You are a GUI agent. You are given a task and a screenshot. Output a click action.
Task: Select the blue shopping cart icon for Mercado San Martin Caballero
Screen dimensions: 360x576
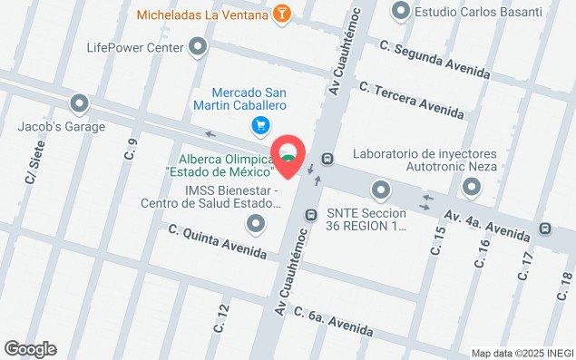(x=261, y=125)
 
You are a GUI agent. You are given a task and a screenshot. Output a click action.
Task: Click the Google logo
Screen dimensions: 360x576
(x=30, y=349)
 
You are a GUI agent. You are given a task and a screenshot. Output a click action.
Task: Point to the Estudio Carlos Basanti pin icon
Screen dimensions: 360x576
(x=400, y=12)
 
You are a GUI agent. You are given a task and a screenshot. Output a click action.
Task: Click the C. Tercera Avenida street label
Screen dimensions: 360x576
(x=411, y=100)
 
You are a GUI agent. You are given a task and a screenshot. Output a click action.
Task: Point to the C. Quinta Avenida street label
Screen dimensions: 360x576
(x=218, y=241)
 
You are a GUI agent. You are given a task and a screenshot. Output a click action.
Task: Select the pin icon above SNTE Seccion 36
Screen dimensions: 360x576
(x=380, y=190)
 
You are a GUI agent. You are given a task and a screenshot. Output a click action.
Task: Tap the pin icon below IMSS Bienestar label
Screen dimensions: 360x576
(x=257, y=223)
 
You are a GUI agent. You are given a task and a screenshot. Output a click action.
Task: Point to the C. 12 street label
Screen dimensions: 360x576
(x=220, y=317)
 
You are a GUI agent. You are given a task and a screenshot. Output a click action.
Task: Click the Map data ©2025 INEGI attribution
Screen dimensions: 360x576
(x=522, y=353)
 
